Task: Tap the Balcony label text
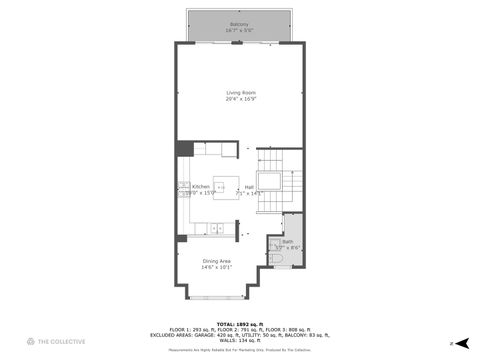pos(239,24)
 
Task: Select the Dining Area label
pos(217,261)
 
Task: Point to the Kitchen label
pos(201,186)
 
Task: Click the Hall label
pos(248,186)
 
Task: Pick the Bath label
pos(287,242)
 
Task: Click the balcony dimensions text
pos(239,30)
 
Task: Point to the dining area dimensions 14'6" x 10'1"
pos(217,267)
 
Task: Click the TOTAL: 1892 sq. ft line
pos(240,323)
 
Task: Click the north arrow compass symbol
pos(462,341)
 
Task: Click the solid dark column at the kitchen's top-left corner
pos(184,148)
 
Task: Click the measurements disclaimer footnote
pos(240,351)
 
